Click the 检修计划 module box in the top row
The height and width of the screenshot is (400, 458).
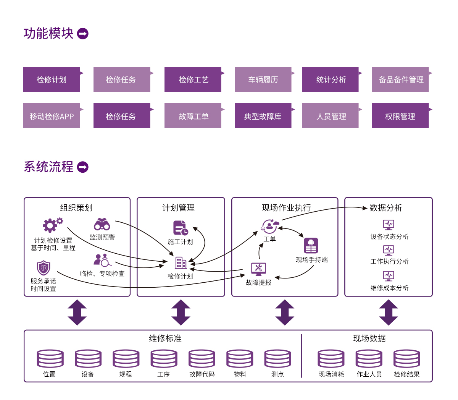[52, 79]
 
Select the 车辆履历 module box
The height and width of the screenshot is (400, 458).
[263, 79]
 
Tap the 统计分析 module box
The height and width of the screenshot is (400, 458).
[330, 79]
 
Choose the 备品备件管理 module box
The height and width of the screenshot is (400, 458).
[400, 79]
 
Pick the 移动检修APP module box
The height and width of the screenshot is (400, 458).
[52, 116]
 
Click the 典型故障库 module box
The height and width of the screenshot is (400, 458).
[263, 116]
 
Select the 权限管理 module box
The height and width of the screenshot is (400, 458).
[400, 116]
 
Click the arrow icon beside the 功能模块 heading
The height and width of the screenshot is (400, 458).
[83, 34]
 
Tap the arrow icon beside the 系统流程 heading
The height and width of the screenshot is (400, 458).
[83, 167]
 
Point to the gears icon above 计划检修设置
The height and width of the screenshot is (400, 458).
[52, 225]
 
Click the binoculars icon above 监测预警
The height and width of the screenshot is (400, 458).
[102, 224]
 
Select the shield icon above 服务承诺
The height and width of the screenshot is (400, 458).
[44, 268]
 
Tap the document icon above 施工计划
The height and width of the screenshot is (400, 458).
[181, 228]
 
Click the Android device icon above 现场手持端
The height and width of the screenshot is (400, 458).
[311, 246]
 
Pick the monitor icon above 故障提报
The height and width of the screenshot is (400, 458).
[258, 269]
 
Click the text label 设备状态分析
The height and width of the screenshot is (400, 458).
[389, 236]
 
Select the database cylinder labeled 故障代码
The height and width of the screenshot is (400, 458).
[202, 359]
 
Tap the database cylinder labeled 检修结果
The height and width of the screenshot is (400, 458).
[407, 359]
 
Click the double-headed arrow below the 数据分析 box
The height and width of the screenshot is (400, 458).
[389, 313]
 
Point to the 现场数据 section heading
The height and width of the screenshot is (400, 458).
[369, 338]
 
